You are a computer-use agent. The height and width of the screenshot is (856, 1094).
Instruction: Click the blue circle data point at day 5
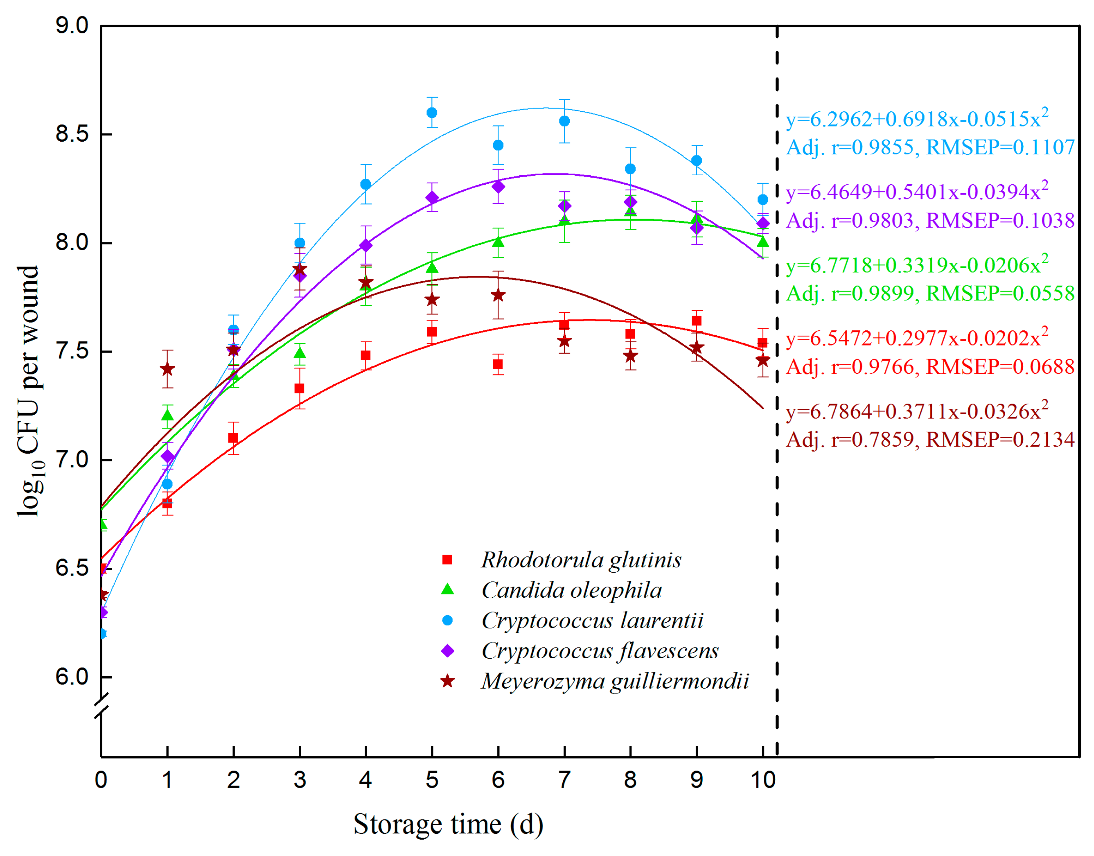(432, 112)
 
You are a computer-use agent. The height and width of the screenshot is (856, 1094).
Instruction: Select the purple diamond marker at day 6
(498, 186)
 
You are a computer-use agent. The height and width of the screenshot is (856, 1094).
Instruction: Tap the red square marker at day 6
(498, 364)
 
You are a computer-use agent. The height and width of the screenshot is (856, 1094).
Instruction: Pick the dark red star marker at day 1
(167, 369)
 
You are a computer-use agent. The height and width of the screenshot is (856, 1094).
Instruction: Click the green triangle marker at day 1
(167, 415)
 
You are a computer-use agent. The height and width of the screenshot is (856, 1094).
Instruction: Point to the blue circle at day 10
(762, 199)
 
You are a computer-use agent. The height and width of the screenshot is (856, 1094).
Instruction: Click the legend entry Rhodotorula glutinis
(581, 560)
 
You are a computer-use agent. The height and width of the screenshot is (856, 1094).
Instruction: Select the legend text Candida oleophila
(571, 590)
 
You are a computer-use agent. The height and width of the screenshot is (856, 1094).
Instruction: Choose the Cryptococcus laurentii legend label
(592, 621)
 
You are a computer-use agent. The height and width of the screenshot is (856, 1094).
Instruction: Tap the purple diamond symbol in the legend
(447, 651)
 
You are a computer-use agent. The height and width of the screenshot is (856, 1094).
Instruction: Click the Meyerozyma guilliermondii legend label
(615, 681)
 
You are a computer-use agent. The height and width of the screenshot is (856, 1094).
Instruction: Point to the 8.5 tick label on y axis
(72, 134)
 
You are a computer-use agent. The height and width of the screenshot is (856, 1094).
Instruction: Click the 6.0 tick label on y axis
(72, 677)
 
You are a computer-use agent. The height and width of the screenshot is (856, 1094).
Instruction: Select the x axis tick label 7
(564, 780)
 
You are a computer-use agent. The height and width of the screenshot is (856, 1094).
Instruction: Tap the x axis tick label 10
(762, 780)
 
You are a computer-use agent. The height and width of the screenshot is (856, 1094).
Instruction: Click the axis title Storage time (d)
(448, 824)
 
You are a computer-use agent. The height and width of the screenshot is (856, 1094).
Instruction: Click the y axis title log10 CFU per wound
(29, 391)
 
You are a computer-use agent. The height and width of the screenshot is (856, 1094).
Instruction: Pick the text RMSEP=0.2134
(1000, 440)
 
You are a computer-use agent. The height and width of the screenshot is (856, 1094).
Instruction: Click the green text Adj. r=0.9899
(850, 293)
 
